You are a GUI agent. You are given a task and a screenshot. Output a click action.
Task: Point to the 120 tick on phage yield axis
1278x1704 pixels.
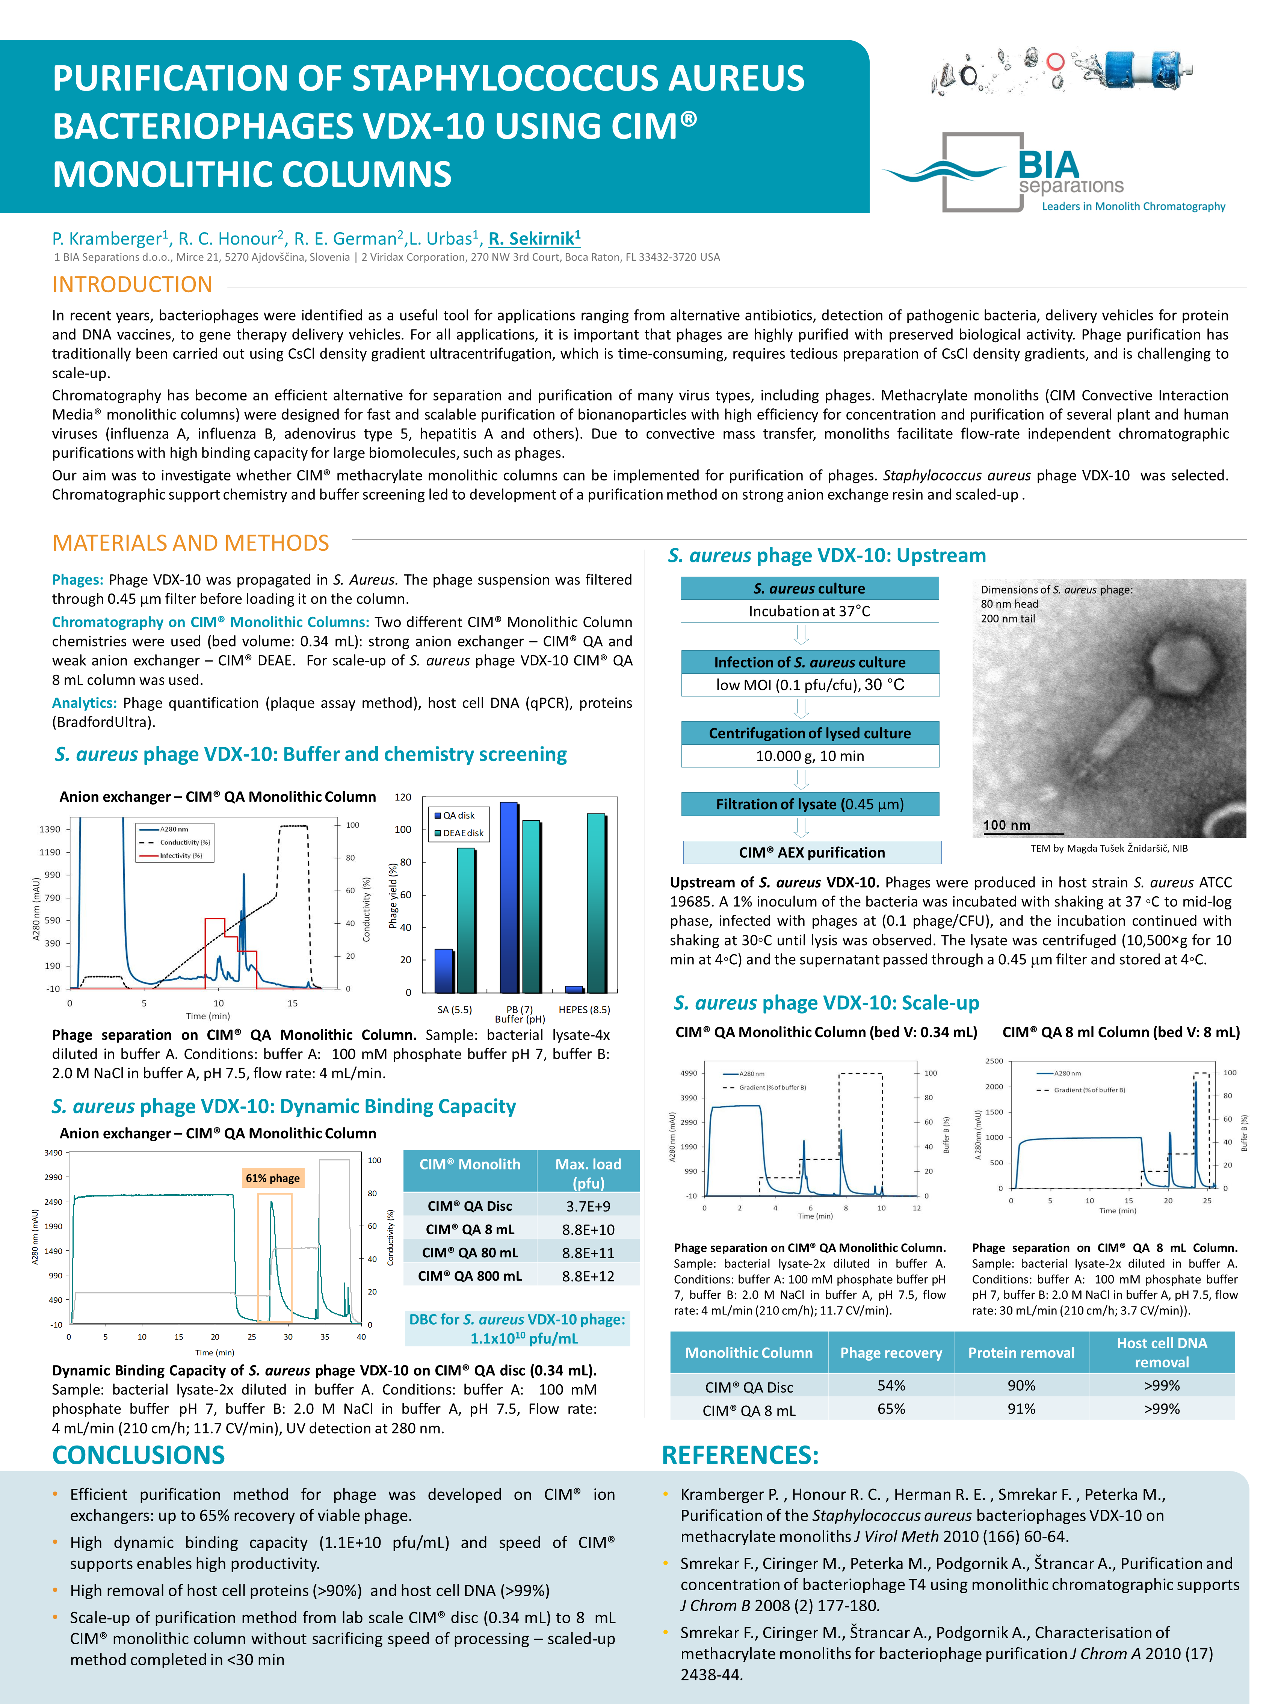(x=403, y=797)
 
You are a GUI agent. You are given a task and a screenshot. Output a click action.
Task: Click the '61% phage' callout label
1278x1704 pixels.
(x=273, y=1178)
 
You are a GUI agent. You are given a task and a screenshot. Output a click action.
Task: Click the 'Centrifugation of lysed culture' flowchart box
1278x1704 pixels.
(x=810, y=733)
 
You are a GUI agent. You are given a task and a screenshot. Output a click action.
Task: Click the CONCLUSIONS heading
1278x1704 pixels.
(x=139, y=1455)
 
